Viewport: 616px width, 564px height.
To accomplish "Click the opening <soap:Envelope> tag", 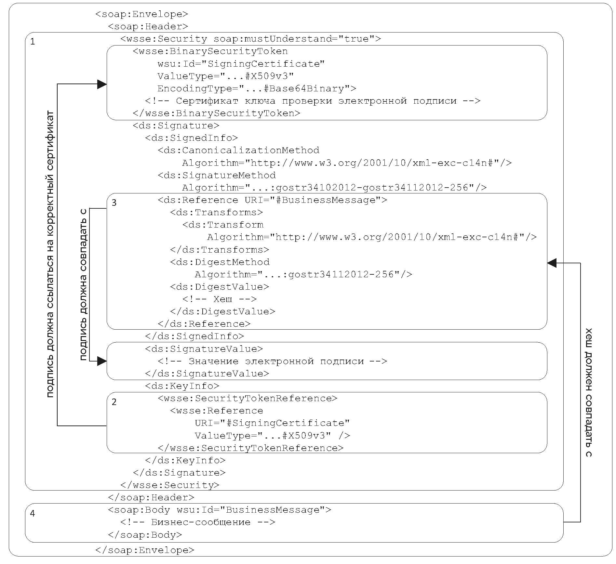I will pos(142,14).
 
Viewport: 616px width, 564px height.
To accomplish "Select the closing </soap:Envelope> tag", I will pos(145,550).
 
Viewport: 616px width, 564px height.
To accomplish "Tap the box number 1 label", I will pos(33,42).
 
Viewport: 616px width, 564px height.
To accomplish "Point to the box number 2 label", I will pos(114,402).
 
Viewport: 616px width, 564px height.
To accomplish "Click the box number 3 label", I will pos(114,203).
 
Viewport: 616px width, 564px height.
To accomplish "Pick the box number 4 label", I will pos(33,513).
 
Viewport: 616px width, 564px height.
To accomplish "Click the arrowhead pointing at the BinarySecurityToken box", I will pos(102,84).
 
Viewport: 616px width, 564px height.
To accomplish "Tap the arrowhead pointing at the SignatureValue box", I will pos(102,361).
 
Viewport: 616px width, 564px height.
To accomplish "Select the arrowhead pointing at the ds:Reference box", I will pos(552,263).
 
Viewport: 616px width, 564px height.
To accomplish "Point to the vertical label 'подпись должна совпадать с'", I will pos(84,284).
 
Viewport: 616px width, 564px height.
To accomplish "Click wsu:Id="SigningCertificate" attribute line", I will pos(241,64).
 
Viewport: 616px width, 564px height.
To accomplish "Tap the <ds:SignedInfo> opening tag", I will pos(192,138).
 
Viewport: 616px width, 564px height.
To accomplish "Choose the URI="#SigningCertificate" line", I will pos(272,423).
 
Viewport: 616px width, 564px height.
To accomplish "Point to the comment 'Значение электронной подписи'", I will pos(272,361).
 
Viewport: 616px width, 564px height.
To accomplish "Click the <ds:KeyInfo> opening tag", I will pos(182,386).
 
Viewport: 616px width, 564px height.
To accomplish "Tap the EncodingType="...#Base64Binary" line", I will pos(257,88).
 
